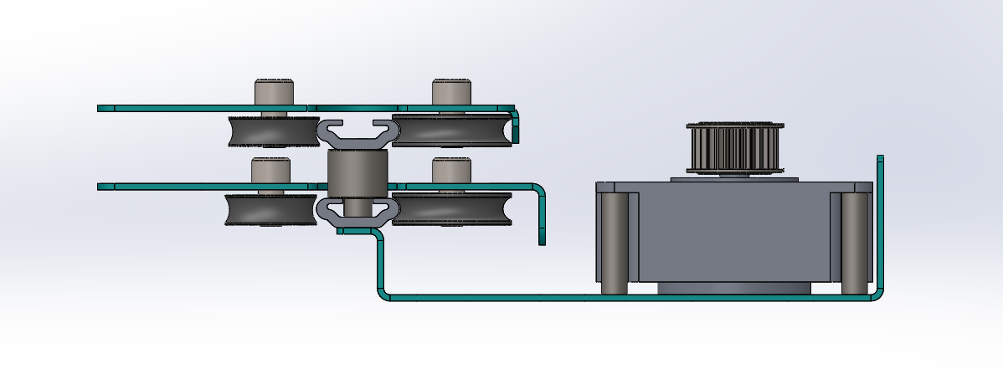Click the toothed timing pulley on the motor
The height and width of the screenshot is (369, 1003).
click(x=735, y=148)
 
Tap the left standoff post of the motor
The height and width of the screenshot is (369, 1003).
click(x=615, y=243)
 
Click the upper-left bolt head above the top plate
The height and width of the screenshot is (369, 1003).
click(x=275, y=91)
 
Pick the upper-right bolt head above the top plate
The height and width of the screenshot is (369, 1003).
click(x=452, y=91)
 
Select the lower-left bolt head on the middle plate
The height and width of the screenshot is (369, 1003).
click(x=271, y=170)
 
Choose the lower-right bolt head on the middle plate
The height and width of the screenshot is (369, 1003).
click(x=452, y=170)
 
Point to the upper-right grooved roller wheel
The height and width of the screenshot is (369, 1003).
click(x=452, y=131)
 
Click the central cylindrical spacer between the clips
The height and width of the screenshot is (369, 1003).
click(x=356, y=175)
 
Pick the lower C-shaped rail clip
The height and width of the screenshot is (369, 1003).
click(x=357, y=211)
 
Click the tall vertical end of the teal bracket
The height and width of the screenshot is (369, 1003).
click(x=880, y=218)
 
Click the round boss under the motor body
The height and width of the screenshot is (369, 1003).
click(x=734, y=288)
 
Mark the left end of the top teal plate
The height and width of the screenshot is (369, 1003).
click(x=105, y=108)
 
